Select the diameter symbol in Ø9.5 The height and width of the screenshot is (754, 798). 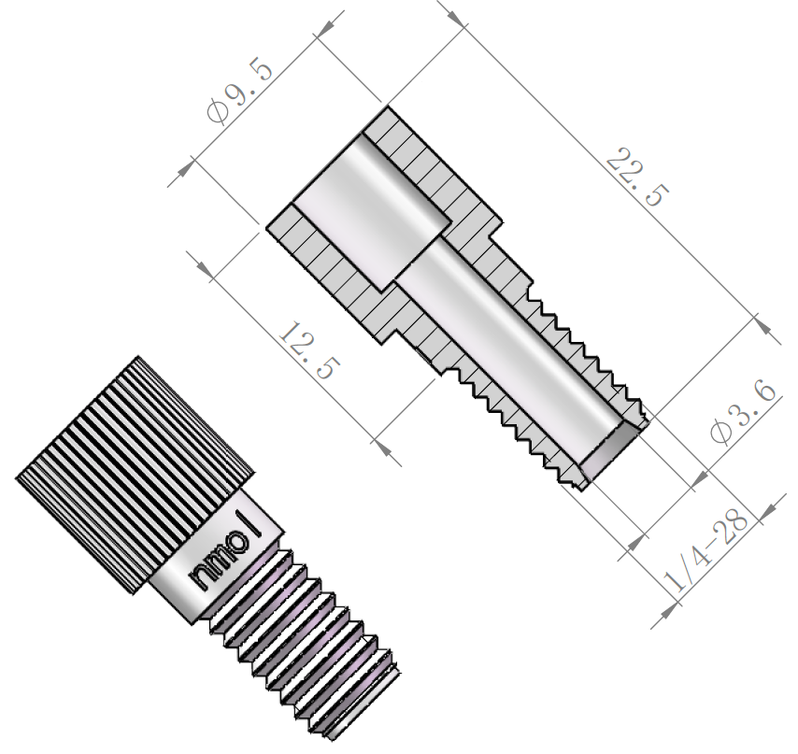[x=219, y=114]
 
